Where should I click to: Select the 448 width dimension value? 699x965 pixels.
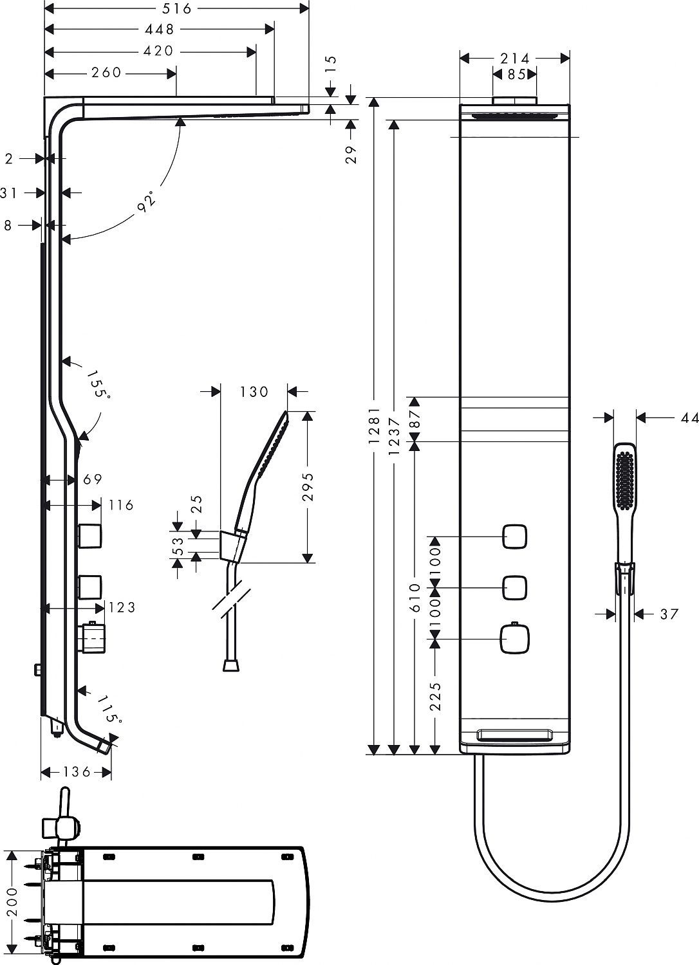pos(160,30)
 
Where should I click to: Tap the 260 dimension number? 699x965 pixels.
pos(107,73)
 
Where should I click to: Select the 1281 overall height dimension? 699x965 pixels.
pos(375,428)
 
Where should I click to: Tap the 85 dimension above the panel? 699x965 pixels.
pos(515,75)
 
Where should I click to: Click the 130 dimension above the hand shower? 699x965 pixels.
pos(253,391)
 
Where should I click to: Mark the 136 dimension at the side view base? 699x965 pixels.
pos(77,772)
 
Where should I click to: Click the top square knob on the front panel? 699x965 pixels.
pos(515,537)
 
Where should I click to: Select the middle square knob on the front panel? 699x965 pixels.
pos(515,587)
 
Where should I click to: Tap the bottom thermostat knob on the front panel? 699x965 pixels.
pos(514,639)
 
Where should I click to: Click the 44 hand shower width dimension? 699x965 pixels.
pos(689,418)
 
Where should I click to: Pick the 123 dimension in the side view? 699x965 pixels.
pos(122,607)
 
